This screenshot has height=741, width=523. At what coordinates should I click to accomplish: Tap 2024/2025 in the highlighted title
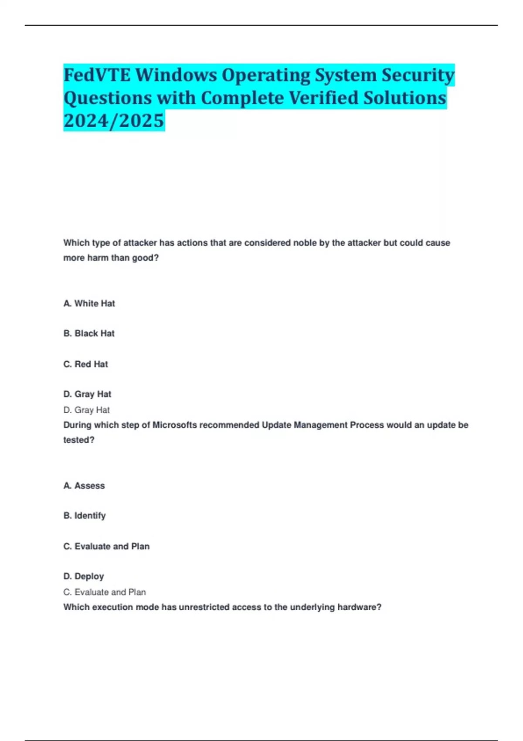click(114, 121)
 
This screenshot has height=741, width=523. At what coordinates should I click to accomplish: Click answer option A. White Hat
click(89, 303)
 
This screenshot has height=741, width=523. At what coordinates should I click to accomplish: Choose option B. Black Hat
click(89, 333)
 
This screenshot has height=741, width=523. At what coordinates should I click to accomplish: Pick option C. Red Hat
click(85, 364)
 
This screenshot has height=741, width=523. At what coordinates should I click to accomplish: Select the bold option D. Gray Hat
click(87, 394)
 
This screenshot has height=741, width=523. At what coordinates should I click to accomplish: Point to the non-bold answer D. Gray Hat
click(86, 410)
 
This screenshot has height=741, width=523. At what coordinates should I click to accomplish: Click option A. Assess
click(84, 486)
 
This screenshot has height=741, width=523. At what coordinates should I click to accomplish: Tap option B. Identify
click(85, 516)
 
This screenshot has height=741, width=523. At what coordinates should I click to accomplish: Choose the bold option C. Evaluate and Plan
click(106, 546)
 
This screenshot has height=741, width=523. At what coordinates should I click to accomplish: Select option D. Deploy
click(84, 576)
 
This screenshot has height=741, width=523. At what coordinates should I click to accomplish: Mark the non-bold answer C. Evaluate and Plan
click(105, 592)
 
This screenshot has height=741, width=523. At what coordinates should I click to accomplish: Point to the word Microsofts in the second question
click(175, 425)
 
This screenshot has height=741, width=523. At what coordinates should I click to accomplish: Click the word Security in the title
click(418, 75)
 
